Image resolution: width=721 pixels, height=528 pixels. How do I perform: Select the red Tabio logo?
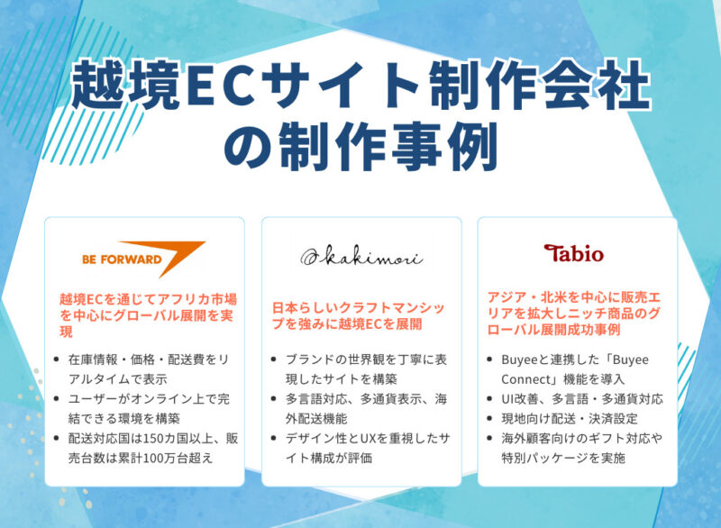tap(573, 253)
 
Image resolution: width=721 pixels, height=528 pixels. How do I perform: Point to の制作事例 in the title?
tap(360, 145)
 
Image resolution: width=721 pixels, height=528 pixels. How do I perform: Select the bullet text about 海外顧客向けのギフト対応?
tap(581, 448)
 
